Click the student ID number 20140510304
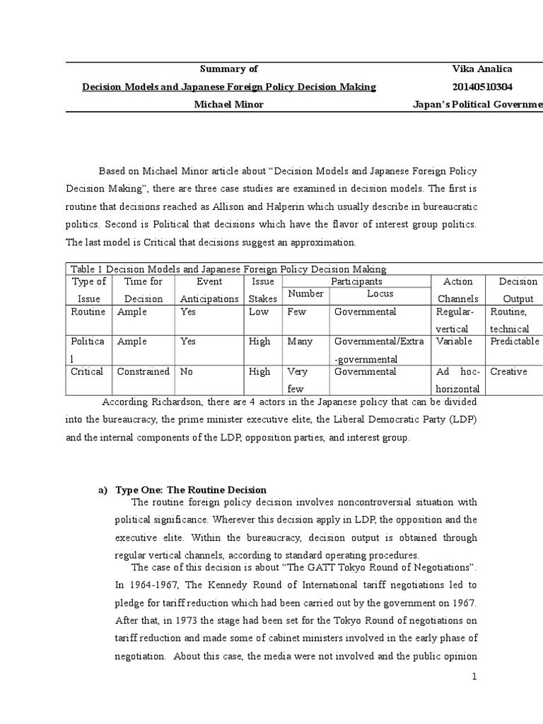point(482,87)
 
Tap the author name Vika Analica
point(481,69)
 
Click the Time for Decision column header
point(144,290)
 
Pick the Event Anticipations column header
point(209,290)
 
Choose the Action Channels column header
point(457,290)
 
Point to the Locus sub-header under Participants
point(380,293)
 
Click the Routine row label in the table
point(88,312)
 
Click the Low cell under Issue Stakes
point(259,312)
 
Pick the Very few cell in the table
point(297,380)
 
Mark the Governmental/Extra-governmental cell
point(379,350)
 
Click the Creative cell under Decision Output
point(508,371)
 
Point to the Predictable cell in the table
point(514,341)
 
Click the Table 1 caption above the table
point(228,269)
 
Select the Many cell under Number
point(300,341)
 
